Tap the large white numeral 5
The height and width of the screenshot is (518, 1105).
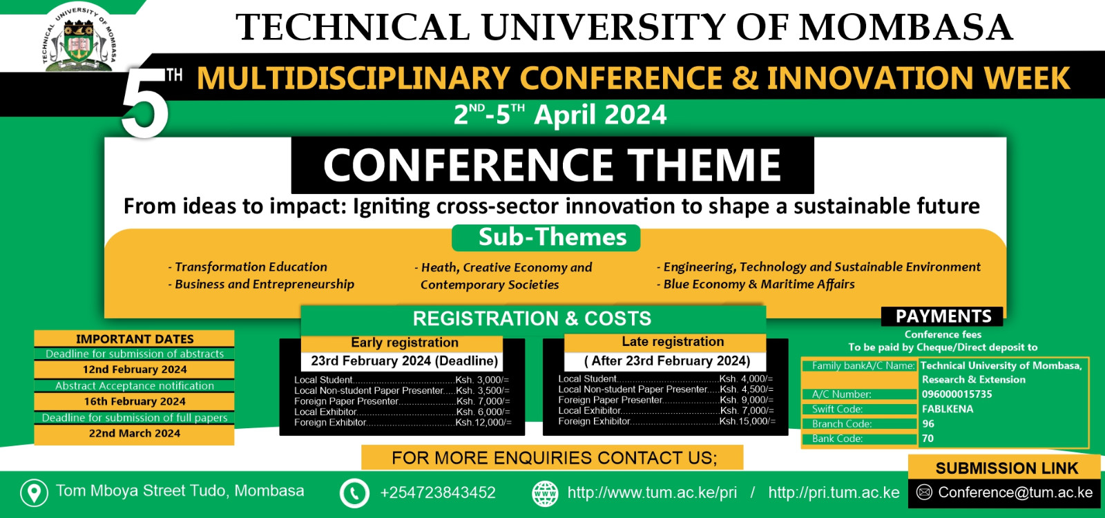point(146,103)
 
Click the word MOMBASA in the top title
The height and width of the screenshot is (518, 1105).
point(906,27)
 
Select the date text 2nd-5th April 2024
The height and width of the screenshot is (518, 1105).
point(560,115)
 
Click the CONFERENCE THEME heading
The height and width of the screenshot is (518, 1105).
point(552,165)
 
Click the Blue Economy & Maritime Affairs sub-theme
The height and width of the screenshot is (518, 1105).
point(756,284)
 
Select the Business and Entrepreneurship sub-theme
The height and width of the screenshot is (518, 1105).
point(262,285)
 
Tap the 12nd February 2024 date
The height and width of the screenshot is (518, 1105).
point(135,369)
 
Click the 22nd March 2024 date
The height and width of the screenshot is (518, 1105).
point(135,433)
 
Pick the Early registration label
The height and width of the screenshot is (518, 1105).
point(405,343)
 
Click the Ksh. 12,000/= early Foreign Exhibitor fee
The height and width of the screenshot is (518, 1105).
point(483,422)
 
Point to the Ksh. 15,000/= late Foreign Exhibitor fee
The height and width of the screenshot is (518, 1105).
point(747,421)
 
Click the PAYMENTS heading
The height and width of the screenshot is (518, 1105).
point(943,316)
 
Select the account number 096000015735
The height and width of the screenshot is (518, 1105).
point(957,394)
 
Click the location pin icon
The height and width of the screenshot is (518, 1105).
point(34,492)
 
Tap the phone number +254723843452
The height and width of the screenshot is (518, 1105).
point(438,492)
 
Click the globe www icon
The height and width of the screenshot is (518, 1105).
point(545,493)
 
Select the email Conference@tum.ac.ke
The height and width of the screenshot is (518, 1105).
point(1015,492)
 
